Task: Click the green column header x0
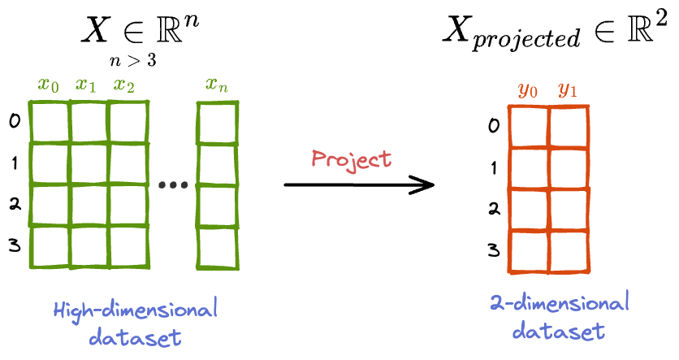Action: coord(50,85)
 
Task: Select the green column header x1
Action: coord(87,85)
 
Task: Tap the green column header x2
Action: coord(124,85)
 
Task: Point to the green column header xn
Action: coord(217,85)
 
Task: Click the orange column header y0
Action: coord(529,89)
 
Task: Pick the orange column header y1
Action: coord(568,89)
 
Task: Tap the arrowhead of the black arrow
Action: coord(425,185)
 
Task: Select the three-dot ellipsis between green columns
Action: coord(172,186)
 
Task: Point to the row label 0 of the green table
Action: coord(15,122)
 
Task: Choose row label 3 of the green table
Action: coord(15,245)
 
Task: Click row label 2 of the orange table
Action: coord(494,210)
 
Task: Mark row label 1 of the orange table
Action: coord(494,168)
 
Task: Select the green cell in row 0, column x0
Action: coord(49,122)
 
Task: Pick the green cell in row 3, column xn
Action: coord(217,246)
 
